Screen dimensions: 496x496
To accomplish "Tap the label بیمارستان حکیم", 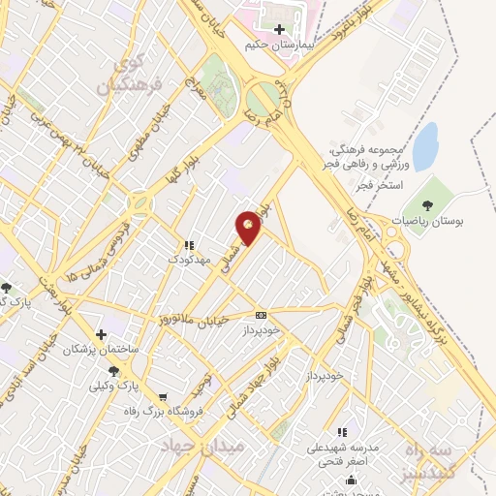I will [x=280, y=45].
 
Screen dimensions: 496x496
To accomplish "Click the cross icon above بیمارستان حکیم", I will [x=280, y=29].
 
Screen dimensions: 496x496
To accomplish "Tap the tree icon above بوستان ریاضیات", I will [x=427, y=204].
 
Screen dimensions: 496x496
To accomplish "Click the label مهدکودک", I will [x=188, y=260].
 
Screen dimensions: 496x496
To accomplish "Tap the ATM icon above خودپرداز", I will [x=261, y=315].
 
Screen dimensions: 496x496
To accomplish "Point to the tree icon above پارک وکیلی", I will [x=115, y=370].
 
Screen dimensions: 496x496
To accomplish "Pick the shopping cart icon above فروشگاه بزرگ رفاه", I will [x=163, y=396].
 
